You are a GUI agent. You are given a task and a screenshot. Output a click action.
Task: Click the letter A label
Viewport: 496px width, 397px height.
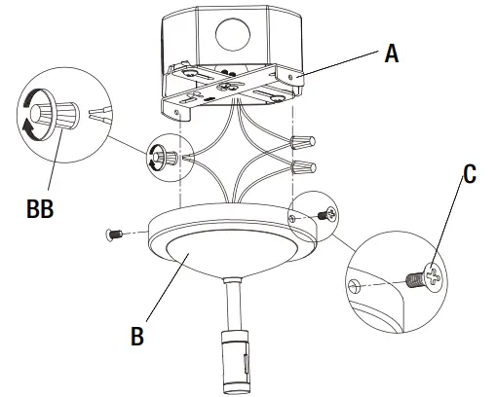(x=390, y=54)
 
